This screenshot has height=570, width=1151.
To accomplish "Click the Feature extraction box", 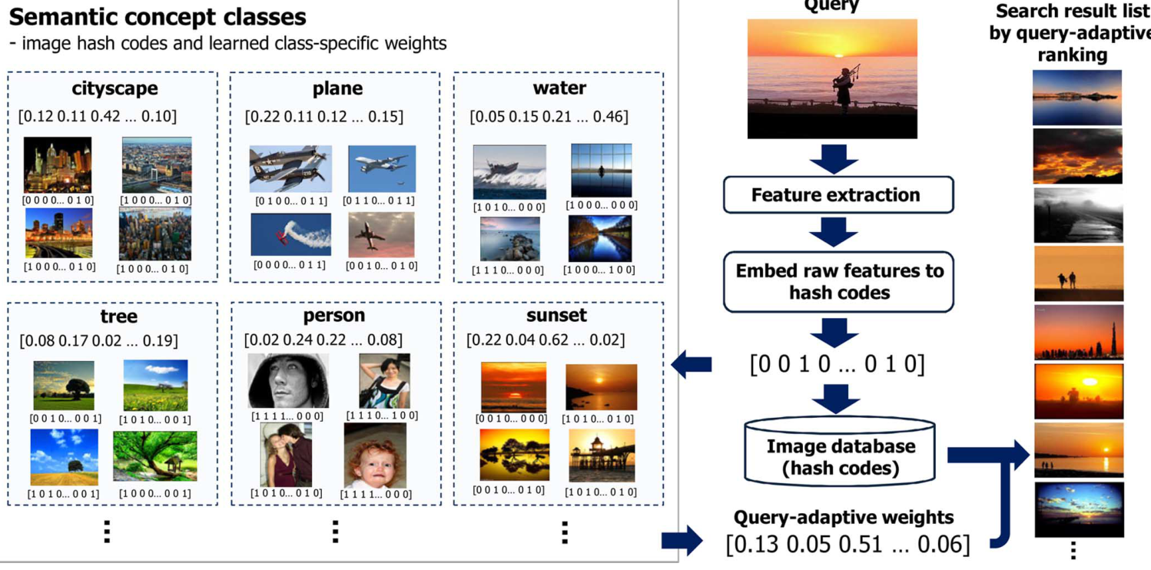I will (x=838, y=194).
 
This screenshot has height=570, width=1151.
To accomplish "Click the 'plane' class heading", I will (x=337, y=88).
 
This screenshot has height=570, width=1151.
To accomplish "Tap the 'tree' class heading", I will (x=118, y=316).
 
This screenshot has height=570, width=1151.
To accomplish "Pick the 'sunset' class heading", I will (x=556, y=316).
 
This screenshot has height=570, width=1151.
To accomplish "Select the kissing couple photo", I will (x=286, y=455).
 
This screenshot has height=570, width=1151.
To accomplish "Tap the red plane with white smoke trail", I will (x=290, y=234).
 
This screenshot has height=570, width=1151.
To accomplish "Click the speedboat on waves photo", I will (x=509, y=173).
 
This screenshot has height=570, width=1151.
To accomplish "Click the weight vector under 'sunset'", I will (x=546, y=340).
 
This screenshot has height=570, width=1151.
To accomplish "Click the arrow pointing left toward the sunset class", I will (x=691, y=363).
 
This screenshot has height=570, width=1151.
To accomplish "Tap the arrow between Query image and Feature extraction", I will (x=834, y=157).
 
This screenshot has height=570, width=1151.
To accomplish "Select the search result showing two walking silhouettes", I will (x=1077, y=273).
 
